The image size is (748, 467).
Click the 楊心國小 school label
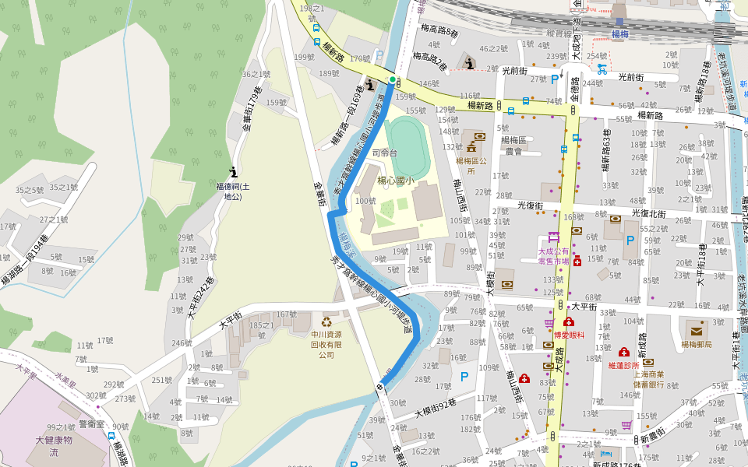click(x=396, y=181)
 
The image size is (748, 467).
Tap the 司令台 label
click(x=385, y=153)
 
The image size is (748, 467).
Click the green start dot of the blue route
click(x=392, y=80)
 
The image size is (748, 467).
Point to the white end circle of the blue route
click(x=380, y=386)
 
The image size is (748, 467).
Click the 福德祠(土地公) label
click(x=233, y=191)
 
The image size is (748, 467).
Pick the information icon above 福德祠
click(x=233, y=171)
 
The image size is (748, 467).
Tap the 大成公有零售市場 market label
click(x=553, y=256)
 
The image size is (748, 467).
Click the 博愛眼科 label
click(x=569, y=335)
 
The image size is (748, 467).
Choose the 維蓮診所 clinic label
click(x=623, y=365)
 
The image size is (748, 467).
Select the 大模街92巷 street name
click(x=436, y=409)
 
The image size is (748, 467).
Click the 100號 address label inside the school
click(x=365, y=202)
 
